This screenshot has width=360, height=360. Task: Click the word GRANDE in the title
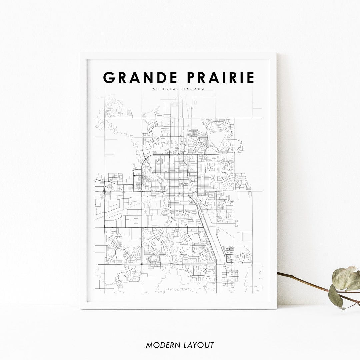140,77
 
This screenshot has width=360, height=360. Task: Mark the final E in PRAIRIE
250,77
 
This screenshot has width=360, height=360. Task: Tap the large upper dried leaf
346,278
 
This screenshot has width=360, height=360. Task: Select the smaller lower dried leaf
335,296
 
